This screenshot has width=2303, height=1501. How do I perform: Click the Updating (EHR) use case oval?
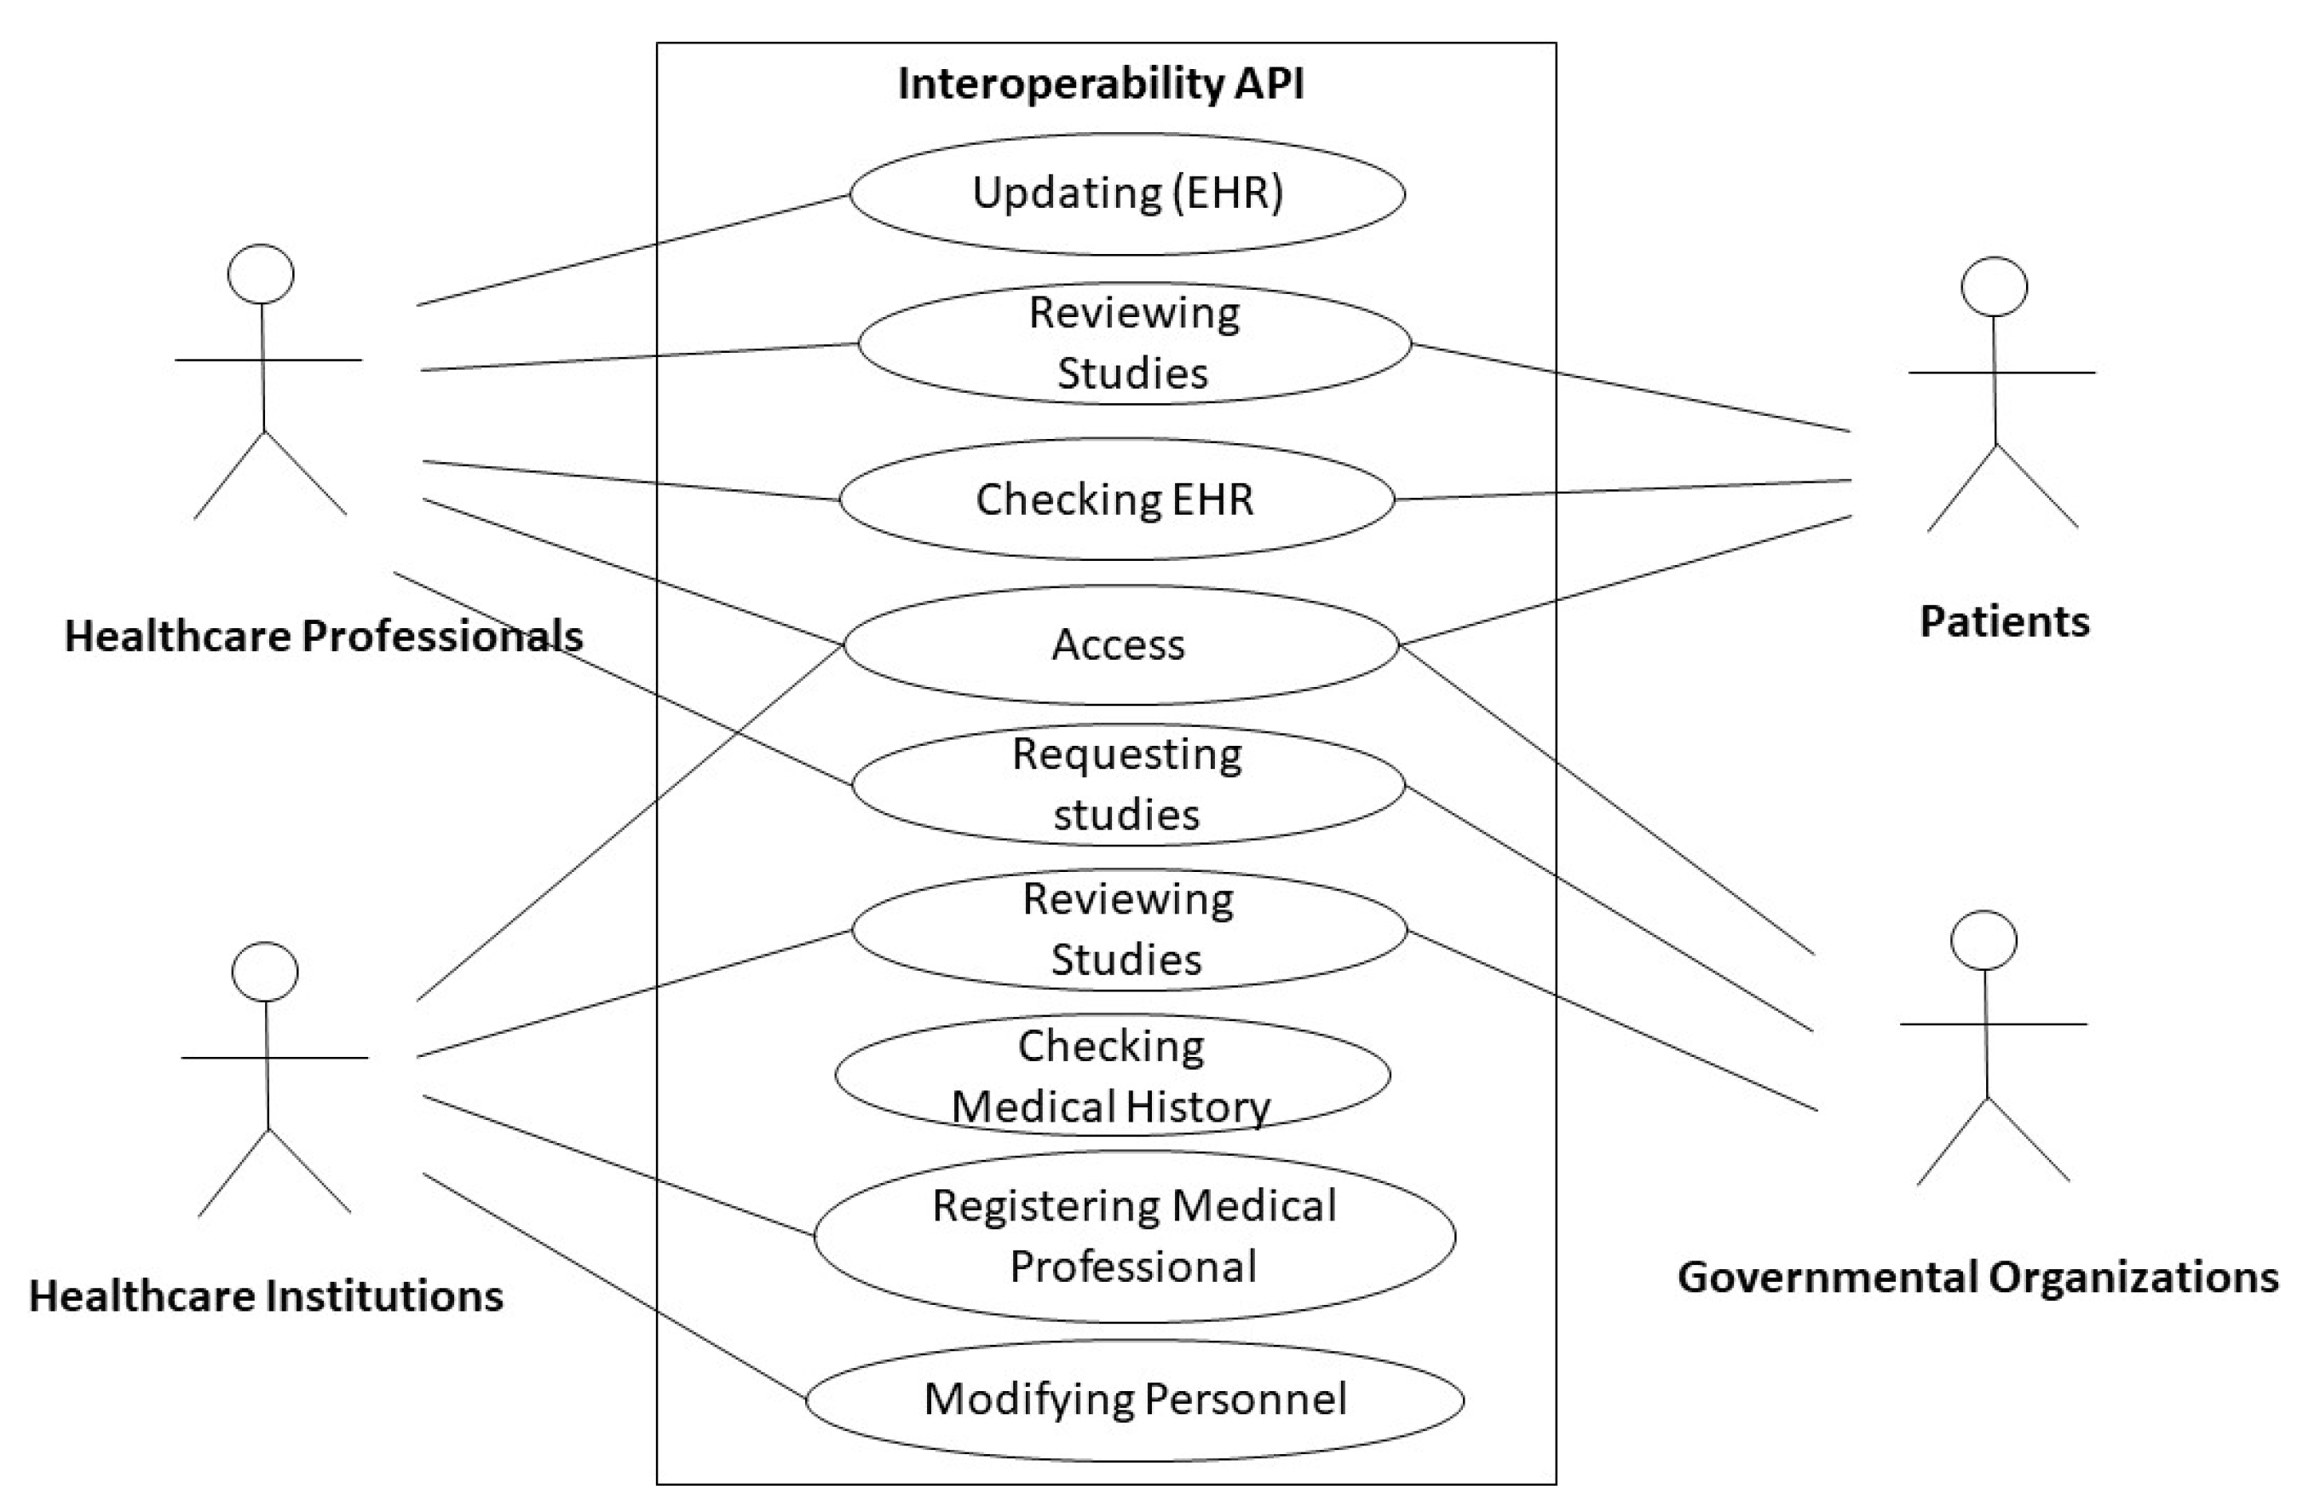pyautogui.click(x=1127, y=193)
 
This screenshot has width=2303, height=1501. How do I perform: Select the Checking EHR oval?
pyautogui.click(x=1115, y=499)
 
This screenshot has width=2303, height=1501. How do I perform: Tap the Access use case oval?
pyautogui.click(x=1120, y=644)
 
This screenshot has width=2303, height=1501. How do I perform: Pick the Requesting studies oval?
pyautogui.click(x=1127, y=785)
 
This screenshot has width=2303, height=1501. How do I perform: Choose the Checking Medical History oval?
pyautogui.click(x=1112, y=1075)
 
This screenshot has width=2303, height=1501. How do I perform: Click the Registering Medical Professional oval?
pyautogui.click(x=1134, y=1236)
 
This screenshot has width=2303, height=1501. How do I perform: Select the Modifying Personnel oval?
pyautogui.click(x=1134, y=1400)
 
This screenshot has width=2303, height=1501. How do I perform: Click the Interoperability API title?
pyautogui.click(x=1101, y=84)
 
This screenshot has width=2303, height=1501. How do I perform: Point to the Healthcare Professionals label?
pyautogui.click(x=323, y=637)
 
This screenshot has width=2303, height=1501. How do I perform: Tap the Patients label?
pyautogui.click(x=2004, y=621)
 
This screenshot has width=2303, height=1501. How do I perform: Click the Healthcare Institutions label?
pyautogui.click(x=266, y=1296)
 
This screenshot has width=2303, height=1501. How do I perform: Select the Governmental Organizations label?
pyautogui.click(x=1978, y=1278)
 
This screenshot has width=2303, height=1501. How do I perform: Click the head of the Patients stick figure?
pyautogui.click(x=1995, y=287)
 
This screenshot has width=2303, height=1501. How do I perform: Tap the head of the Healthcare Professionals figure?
pyautogui.click(x=262, y=274)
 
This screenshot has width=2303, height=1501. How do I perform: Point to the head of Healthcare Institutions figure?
pyautogui.click(x=265, y=972)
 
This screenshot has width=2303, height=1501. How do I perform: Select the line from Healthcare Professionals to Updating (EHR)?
pyautogui.click(x=634, y=250)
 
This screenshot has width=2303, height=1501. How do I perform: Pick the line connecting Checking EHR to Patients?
pyautogui.click(x=1623, y=490)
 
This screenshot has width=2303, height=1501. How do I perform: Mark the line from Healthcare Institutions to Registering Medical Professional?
pyautogui.click(x=619, y=1166)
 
